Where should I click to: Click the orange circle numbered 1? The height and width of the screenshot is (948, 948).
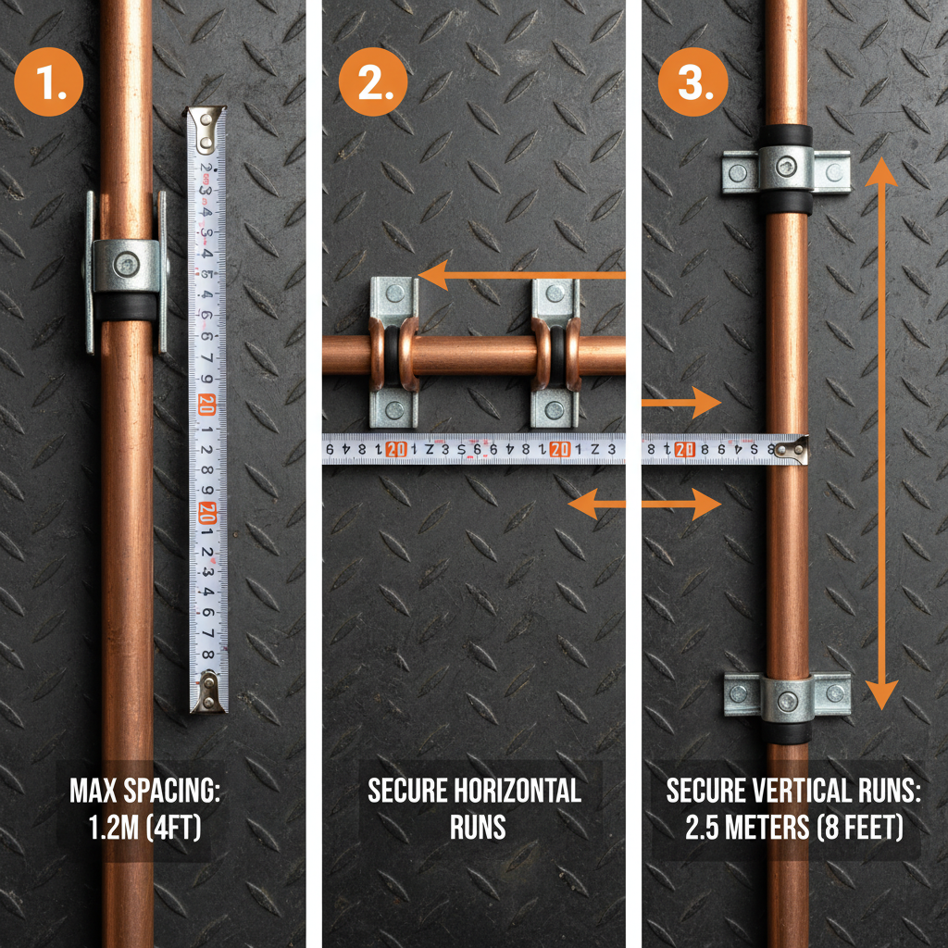point(48,83)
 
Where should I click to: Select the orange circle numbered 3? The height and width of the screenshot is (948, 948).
point(692,83)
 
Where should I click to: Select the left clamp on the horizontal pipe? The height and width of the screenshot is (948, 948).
point(394,353)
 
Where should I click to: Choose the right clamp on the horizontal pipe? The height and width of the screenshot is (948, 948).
point(555,353)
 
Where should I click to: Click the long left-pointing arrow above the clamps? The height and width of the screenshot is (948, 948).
point(518,275)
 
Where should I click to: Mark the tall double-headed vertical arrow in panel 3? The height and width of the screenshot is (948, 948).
point(881,433)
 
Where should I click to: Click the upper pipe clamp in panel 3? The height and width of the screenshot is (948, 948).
point(786,170)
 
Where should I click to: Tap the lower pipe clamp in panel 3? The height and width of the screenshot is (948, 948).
point(787,696)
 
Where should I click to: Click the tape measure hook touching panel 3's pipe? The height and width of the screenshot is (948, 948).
point(792,450)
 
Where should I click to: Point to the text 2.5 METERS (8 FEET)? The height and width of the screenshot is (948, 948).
point(793,827)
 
